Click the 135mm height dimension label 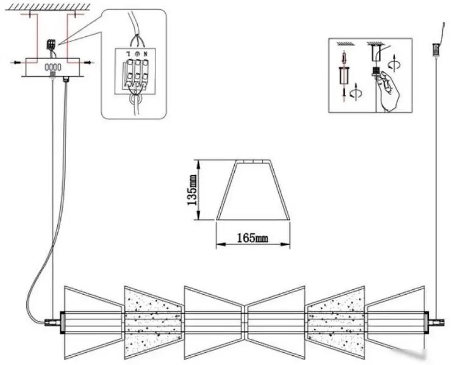(x=192, y=190)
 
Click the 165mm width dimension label (x=253, y=238)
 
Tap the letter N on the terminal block (x=146, y=54)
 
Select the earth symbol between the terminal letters (x=137, y=54)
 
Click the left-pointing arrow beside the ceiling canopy (x=17, y=62)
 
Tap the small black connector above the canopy (x=51, y=44)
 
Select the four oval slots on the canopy (x=53, y=67)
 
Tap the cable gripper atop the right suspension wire (x=436, y=49)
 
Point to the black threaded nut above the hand (x=376, y=70)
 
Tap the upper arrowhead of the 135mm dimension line (x=198, y=164)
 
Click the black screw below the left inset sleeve (x=344, y=92)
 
